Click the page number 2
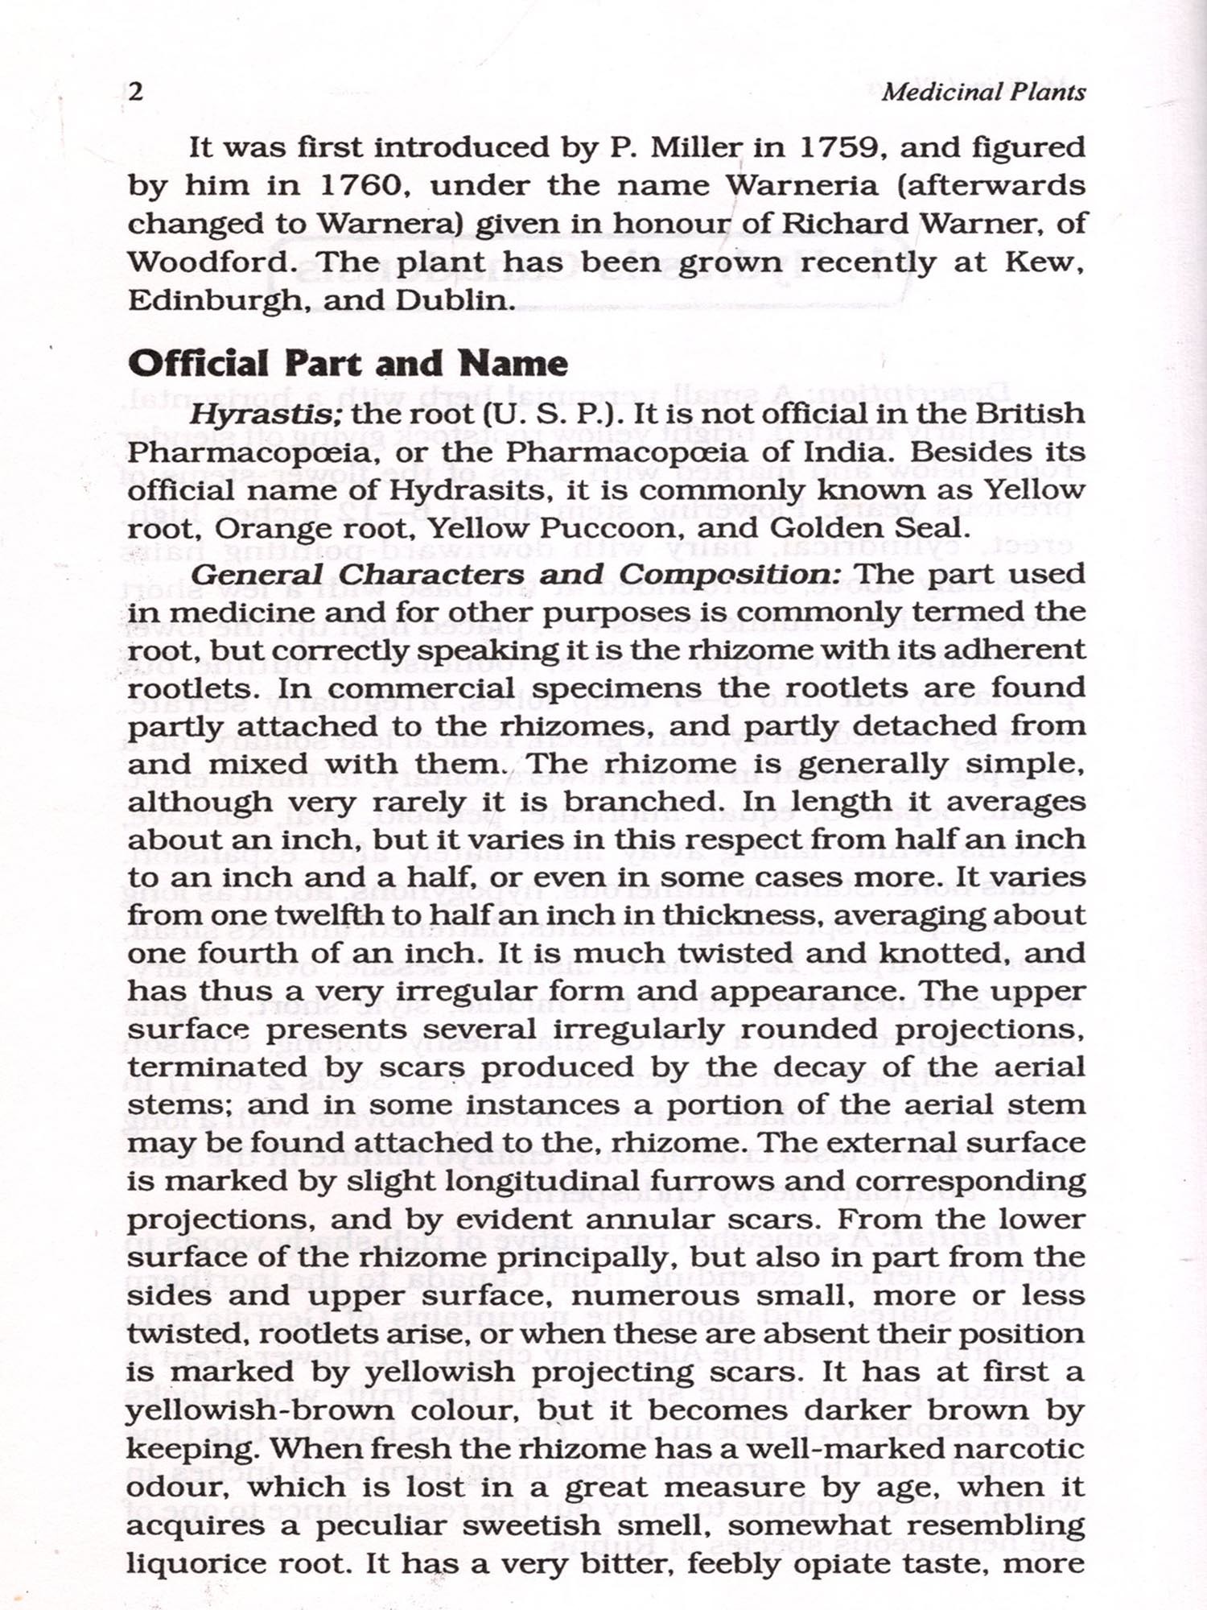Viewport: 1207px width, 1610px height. point(136,92)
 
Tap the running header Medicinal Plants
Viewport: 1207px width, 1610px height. point(983,92)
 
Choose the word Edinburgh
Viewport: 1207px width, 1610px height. point(215,300)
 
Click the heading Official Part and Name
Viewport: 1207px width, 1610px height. point(348,364)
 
